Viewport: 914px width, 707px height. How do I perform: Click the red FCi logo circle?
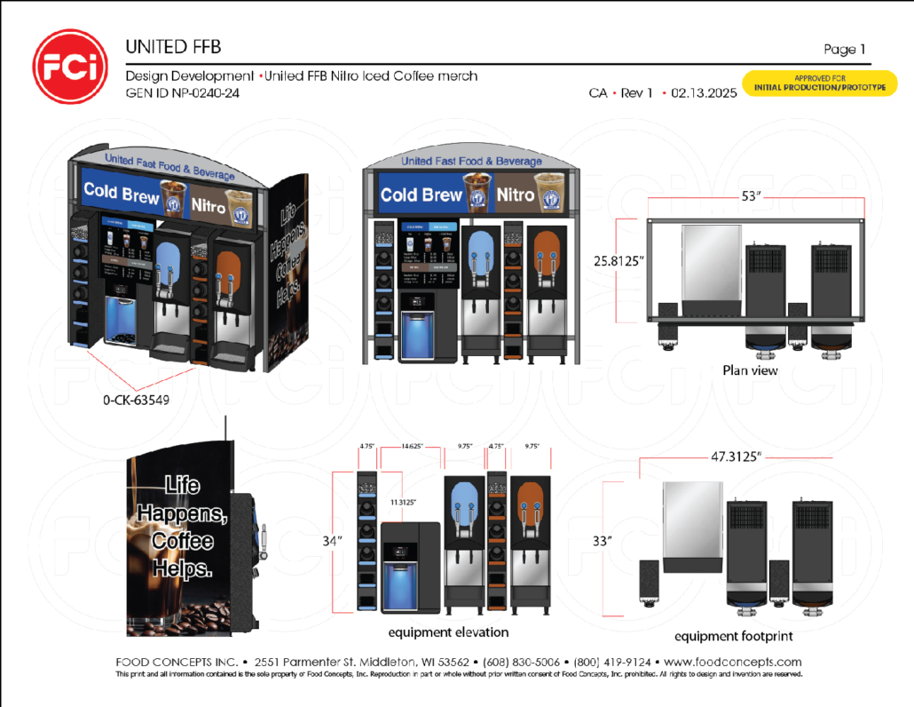tap(70, 67)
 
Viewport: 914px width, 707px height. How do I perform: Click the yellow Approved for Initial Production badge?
tap(819, 83)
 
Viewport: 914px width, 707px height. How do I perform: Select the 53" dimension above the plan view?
tap(752, 195)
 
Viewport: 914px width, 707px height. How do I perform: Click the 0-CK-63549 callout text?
tap(136, 400)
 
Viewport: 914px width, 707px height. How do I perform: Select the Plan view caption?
tap(750, 369)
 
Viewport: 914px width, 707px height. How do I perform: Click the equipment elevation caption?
tap(448, 632)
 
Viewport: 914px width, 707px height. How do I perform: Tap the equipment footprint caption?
tap(733, 636)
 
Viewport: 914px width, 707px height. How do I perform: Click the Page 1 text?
tap(844, 50)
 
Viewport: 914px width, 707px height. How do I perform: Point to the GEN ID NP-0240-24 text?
tap(182, 92)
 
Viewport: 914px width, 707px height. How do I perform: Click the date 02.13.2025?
tap(705, 92)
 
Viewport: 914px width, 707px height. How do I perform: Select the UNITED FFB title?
tap(173, 46)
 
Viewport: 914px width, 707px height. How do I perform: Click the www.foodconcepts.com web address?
tap(732, 662)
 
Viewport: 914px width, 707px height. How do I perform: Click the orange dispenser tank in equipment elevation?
tap(530, 503)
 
